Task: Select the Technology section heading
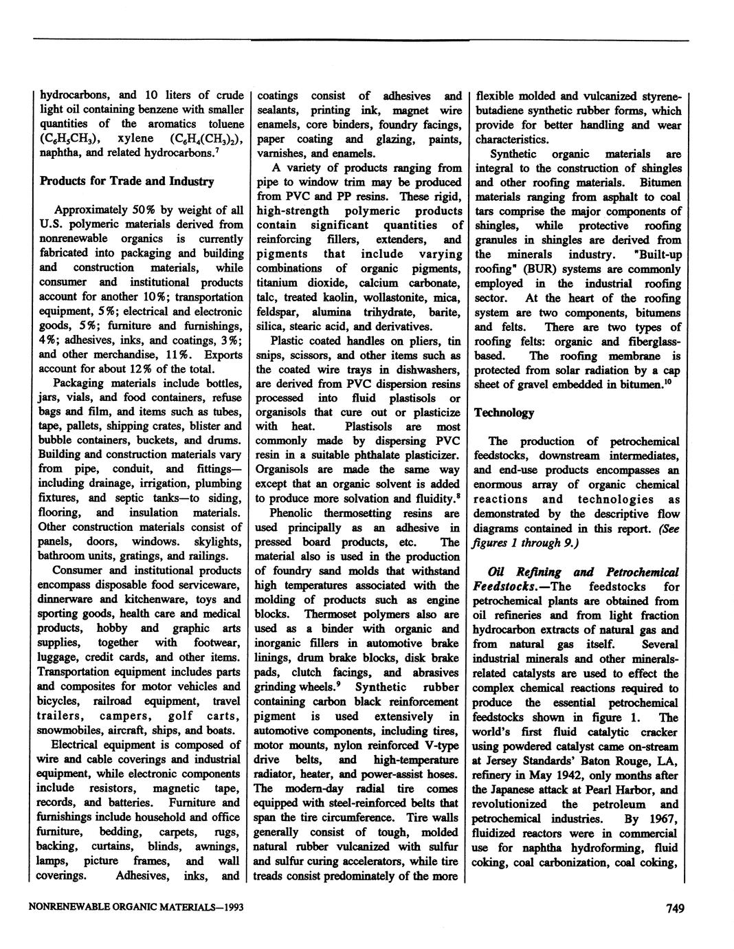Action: click(503, 413)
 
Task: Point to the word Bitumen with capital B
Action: click(660, 183)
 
